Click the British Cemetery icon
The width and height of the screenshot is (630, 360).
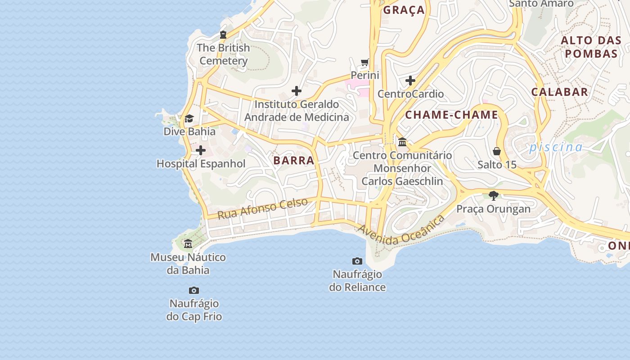click(223, 35)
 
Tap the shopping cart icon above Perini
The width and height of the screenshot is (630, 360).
click(365, 63)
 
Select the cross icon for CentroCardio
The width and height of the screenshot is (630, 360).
click(410, 81)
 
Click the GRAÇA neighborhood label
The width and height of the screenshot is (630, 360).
click(404, 10)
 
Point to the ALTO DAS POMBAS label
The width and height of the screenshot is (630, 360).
click(591, 47)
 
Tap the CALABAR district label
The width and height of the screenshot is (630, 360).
click(559, 92)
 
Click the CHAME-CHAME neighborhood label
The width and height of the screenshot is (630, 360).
click(451, 115)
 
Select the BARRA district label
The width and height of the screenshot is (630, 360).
click(293, 160)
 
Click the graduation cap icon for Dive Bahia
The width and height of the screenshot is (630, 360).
click(189, 119)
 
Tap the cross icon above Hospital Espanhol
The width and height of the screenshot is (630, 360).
click(201, 150)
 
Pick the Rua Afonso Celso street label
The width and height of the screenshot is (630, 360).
click(262, 208)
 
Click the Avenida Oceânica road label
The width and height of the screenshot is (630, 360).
click(400, 230)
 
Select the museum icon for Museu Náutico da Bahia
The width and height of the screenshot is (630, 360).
click(188, 244)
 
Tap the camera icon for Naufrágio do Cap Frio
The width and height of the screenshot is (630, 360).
click(194, 291)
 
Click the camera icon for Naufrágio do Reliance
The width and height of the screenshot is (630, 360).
click(357, 261)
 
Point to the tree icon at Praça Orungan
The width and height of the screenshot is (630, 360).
click(494, 196)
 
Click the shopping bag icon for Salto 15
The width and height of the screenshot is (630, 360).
click(497, 151)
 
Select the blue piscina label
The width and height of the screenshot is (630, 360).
click(556, 147)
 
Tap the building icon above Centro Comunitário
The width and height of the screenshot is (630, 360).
click(402, 143)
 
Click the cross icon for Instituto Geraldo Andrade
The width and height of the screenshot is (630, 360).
click(296, 91)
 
